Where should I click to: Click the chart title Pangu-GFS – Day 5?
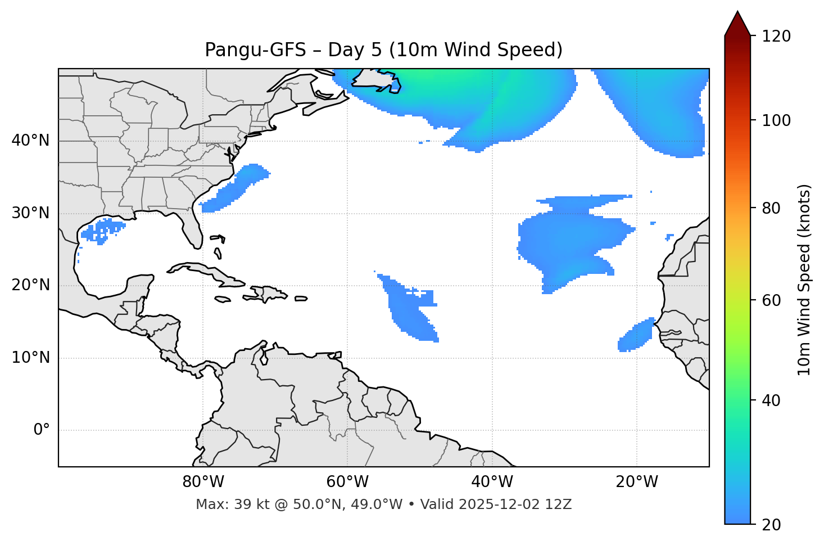[x=383, y=50]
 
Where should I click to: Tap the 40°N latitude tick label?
[x=31, y=141]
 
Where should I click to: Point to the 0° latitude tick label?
[x=42, y=430]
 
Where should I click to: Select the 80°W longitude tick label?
[x=203, y=482]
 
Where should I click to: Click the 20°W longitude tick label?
[x=637, y=482]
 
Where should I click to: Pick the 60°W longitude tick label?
[x=347, y=482]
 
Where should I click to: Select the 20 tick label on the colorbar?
[x=771, y=525]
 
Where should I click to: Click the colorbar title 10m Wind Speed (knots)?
[x=804, y=280]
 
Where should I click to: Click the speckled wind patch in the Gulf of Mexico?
[x=101, y=231]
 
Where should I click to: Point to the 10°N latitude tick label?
[x=31, y=358]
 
